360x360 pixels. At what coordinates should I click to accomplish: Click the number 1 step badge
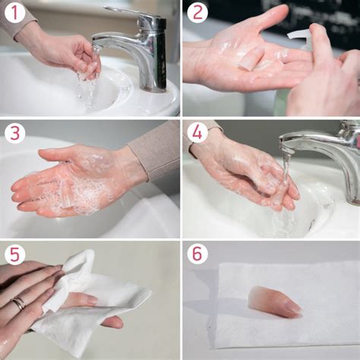(14, 13)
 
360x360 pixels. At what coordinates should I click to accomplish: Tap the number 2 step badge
(197, 13)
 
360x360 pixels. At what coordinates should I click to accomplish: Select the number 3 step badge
(14, 134)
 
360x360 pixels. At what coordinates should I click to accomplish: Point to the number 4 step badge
(197, 134)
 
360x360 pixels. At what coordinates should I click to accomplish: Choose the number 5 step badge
(14, 254)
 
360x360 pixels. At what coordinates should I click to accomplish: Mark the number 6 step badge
(197, 254)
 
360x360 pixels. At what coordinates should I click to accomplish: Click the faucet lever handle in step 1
(131, 11)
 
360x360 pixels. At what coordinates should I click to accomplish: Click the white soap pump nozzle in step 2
(298, 36)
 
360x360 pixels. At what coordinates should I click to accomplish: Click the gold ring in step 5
(18, 303)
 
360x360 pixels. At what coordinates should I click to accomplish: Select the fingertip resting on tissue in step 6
(275, 302)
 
